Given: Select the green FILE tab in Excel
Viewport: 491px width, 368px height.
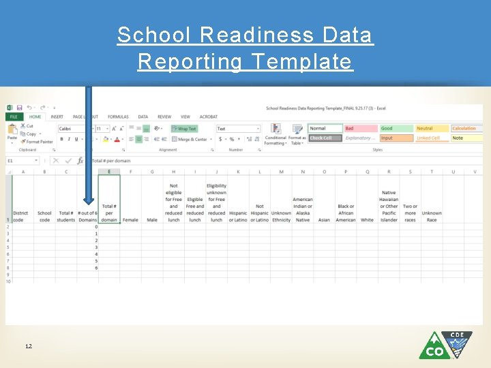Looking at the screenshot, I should [x=14, y=117].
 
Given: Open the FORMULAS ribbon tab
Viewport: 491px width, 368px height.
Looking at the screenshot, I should [x=118, y=117].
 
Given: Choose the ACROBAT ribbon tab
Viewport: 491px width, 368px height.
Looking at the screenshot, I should [x=209, y=117].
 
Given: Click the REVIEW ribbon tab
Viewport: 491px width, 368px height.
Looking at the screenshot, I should [x=164, y=117].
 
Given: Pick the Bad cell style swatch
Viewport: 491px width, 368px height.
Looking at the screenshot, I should [x=359, y=128].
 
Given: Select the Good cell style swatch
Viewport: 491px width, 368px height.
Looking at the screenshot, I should [x=396, y=128].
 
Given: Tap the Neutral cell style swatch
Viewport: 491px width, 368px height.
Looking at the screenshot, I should [x=432, y=128].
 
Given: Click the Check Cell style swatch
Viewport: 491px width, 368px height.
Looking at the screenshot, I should [x=324, y=138].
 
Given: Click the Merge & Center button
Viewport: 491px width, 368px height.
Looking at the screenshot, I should [x=190, y=139].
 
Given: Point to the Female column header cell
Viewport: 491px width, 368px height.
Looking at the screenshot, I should [x=130, y=219].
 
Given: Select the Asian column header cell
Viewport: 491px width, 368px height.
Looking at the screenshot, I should [x=324, y=219].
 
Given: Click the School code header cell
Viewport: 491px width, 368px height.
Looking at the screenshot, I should [x=44, y=216].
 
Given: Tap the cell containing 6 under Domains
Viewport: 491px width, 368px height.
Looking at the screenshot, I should [x=96, y=268].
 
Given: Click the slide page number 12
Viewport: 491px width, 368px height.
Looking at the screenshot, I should [x=29, y=347].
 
